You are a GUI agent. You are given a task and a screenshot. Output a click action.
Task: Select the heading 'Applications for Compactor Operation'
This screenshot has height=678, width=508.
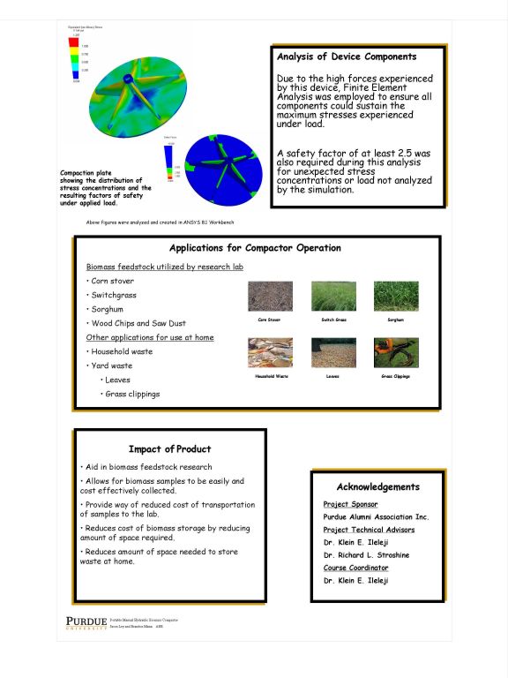pyautogui.click(x=255, y=248)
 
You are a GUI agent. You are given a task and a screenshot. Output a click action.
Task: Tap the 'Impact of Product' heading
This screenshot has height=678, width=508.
pyautogui.click(x=169, y=448)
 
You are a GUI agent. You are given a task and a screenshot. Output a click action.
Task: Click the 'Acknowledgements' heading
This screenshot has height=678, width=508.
pyautogui.click(x=377, y=486)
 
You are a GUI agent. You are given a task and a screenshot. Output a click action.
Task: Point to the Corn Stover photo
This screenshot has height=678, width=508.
pyautogui.click(x=269, y=296)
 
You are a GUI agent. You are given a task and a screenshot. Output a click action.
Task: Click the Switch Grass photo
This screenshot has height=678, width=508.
pyautogui.click(x=332, y=296)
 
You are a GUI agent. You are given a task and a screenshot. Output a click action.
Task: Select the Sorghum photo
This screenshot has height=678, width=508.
pyautogui.click(x=396, y=296)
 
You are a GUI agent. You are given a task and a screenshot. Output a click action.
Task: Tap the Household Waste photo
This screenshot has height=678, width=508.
pyautogui.click(x=269, y=352)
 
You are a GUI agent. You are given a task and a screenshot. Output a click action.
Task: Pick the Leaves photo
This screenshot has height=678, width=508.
pyautogui.click(x=332, y=352)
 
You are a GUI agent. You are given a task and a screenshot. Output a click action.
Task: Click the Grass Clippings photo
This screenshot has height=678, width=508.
pyautogui.click(x=396, y=352)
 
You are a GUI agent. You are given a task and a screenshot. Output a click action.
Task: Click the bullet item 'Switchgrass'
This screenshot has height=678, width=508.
pyautogui.click(x=113, y=295)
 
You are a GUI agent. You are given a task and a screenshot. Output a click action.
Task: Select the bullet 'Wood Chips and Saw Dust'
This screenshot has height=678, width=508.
pyautogui.click(x=138, y=323)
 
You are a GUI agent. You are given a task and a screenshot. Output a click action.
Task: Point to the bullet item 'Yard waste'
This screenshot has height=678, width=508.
pyautogui.click(x=111, y=365)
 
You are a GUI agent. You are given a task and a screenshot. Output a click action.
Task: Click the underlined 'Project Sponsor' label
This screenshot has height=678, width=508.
pyautogui.click(x=350, y=504)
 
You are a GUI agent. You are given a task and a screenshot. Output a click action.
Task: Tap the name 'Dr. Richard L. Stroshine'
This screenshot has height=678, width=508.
pyautogui.click(x=366, y=555)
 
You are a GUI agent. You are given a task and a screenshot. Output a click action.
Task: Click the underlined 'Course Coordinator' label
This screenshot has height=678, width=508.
pyautogui.click(x=355, y=568)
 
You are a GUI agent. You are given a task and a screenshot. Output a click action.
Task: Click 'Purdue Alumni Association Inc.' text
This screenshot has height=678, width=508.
pyautogui.click(x=376, y=516)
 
